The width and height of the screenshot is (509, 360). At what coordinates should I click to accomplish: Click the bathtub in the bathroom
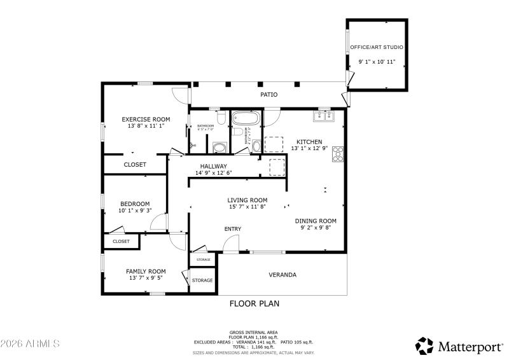[x=245, y=118]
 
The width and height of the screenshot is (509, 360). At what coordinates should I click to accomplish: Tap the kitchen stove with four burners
[x=338, y=154]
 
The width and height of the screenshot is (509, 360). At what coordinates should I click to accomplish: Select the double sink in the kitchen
[x=324, y=116]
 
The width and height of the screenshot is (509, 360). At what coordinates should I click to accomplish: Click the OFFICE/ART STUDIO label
[x=377, y=48]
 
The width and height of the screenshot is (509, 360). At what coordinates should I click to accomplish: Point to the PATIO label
[x=268, y=95]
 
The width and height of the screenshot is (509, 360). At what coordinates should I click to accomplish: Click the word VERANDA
[x=282, y=275]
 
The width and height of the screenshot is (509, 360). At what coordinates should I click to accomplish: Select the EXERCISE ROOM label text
[x=146, y=119]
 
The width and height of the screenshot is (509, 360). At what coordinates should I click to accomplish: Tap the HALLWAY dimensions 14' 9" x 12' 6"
[x=214, y=173]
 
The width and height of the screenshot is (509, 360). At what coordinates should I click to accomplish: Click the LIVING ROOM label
[x=248, y=200]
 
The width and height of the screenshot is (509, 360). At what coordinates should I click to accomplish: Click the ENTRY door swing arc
[x=230, y=244]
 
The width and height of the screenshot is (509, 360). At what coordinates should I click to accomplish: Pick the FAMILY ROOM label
[x=146, y=271]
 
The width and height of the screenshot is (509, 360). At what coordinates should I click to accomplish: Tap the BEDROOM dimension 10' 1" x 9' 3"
[x=135, y=211]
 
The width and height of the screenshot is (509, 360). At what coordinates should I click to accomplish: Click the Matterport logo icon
[x=424, y=345]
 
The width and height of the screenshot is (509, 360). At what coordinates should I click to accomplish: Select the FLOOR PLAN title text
[x=254, y=303]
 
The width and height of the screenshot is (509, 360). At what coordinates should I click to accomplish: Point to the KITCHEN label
[x=309, y=142]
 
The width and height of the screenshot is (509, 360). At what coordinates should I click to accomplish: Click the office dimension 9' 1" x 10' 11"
[x=377, y=62]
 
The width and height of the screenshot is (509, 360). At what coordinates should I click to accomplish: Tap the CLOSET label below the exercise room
[x=135, y=164]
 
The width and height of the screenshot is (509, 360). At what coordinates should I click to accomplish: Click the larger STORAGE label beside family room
[x=202, y=280]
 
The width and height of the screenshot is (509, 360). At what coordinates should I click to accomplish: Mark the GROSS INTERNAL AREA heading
[x=253, y=332]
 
